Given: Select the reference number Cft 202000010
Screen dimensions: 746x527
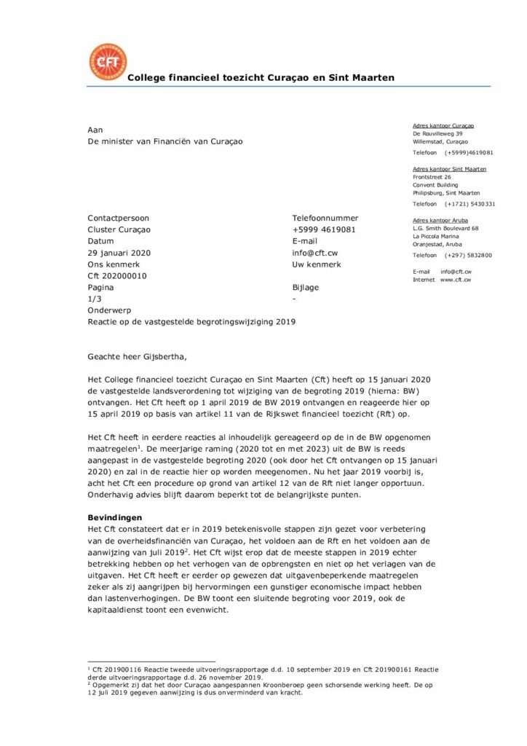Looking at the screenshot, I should (117, 276).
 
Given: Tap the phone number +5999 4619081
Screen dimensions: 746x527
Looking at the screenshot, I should (324, 229).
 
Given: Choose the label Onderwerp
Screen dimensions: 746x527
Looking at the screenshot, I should (109, 310).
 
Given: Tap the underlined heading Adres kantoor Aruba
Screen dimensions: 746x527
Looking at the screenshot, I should (440, 220).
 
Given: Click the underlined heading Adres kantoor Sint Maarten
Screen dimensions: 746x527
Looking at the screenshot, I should (450, 169).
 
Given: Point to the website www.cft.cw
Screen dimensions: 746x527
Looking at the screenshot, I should (456, 280).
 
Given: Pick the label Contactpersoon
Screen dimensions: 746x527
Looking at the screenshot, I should (118, 218).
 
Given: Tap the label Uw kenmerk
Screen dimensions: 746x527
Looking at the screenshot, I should (317, 264).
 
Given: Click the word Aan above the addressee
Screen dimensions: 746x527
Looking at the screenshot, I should (95, 130).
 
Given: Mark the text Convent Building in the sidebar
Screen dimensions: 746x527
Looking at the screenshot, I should (435, 185).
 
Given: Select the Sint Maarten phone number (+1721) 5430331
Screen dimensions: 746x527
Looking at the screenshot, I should (470, 204).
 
